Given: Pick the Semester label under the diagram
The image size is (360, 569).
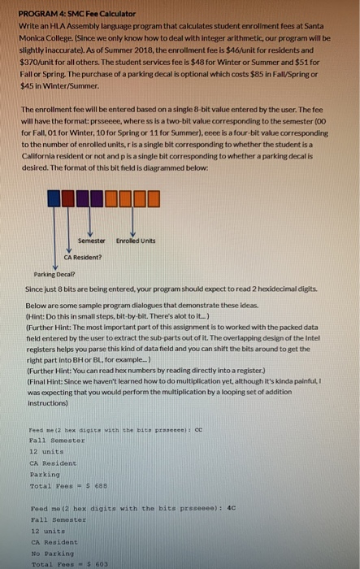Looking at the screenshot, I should pyautogui.click(x=92, y=241).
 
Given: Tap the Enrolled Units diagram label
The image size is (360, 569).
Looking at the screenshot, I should pyautogui.click(x=135, y=241).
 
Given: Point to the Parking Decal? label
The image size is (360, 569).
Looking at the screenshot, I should pyautogui.click(x=41, y=275).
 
